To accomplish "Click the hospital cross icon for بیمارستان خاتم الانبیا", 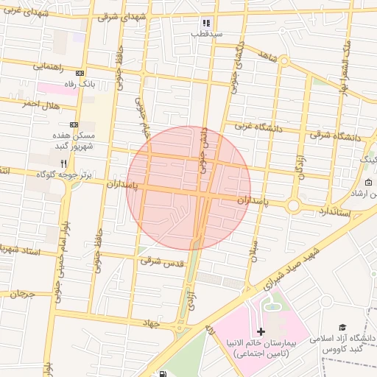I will (x=261, y=333).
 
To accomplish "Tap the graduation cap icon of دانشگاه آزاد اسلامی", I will (x=342, y=327).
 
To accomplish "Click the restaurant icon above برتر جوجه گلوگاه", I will (x=64, y=163).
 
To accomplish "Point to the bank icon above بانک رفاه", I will (x=80, y=74).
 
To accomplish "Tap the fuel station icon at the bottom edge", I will (x=162, y=373).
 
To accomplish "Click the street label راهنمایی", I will (x=48, y=67).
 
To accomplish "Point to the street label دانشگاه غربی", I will (x=258, y=127).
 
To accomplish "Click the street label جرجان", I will (x=22, y=294).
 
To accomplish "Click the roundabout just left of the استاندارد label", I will (x=293, y=206).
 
